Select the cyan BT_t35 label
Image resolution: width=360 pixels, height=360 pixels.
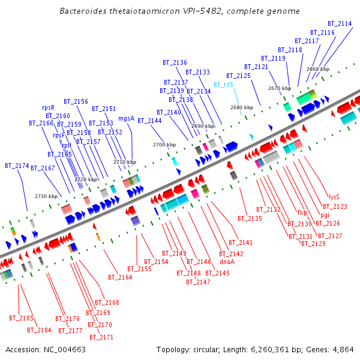tap(223, 85)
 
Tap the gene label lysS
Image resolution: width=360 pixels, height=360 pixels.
tap(334, 196)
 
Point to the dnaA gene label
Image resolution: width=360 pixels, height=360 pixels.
tap(227, 262)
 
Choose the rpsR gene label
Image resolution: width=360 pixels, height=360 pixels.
tap(48, 107)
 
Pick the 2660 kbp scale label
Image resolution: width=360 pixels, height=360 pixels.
tap(317, 69)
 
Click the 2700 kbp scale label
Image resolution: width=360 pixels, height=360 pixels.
tap(164, 145)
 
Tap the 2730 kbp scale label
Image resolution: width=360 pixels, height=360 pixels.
tap(46, 196)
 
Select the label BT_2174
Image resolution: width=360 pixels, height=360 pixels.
tap(17, 165)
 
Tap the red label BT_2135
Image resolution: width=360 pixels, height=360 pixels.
tap(250, 218)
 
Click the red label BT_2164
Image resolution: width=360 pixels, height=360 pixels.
tap(120, 277)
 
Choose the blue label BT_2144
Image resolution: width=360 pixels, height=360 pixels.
tap(149, 121)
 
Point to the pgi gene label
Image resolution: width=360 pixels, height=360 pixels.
tap(325, 215)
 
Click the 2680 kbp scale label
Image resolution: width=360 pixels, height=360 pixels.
tap(242, 107)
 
